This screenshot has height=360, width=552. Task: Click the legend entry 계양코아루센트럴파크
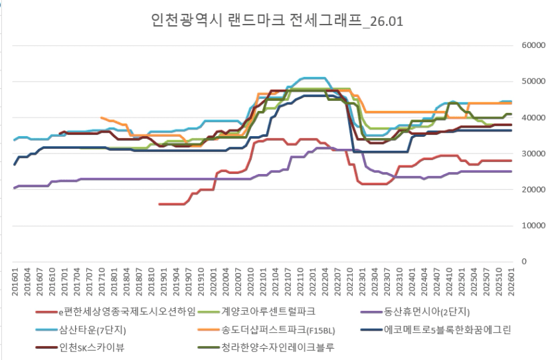coord(266,311)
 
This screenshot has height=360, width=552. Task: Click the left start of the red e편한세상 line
coord(159,204)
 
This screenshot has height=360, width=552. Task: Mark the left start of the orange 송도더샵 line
coord(100,118)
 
